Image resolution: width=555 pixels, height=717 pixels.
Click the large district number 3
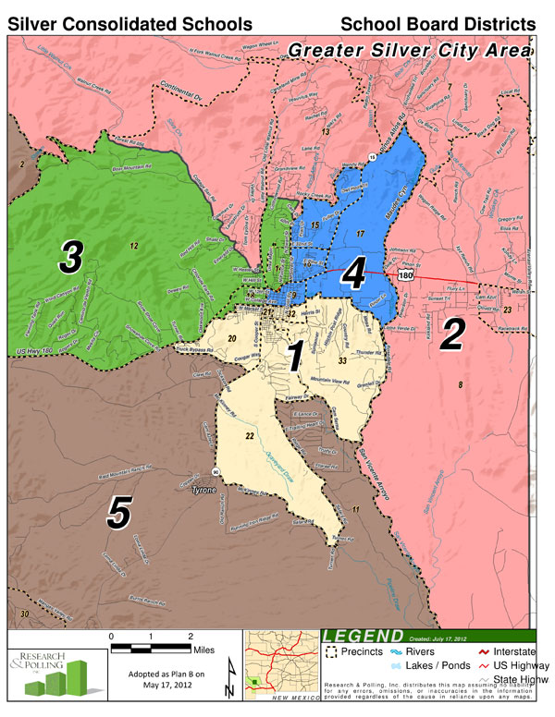click(x=72, y=259)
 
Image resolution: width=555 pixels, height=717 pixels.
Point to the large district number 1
click(x=294, y=356)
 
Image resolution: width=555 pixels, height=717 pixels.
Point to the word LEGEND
click(x=362, y=637)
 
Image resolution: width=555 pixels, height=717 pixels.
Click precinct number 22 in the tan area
click(x=250, y=435)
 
